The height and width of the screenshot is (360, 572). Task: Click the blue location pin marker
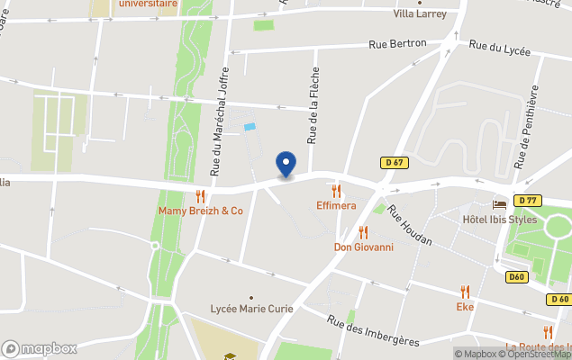pos(286,165)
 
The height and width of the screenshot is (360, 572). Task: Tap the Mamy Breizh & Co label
pos(201,211)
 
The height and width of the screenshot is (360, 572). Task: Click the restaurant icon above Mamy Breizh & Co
pos(201,195)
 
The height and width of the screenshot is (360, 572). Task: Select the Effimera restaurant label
pos(336,205)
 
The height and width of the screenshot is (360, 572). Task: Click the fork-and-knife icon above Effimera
pos(336,190)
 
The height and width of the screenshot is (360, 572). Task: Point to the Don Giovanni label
pos(363,247)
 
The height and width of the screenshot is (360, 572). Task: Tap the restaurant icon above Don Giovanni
pos(363,232)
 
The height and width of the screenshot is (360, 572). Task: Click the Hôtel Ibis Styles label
pos(499,220)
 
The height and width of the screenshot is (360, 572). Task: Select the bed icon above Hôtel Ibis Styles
pos(499,204)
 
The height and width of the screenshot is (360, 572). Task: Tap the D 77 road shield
pos(529,200)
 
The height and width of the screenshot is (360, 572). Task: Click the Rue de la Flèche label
pos(313,106)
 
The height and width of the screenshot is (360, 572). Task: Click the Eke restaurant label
pos(465,306)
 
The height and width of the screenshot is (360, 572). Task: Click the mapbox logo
pos(40,348)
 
